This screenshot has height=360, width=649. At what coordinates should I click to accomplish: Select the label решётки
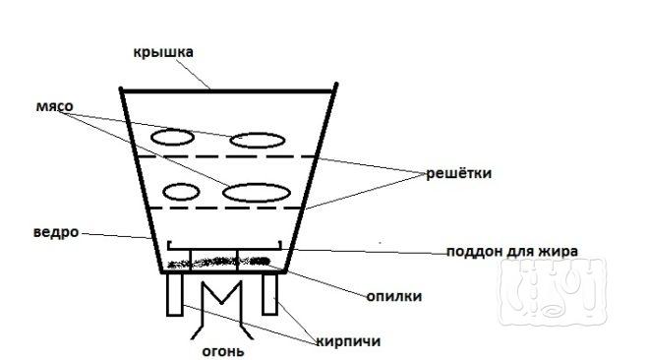tap(458, 173)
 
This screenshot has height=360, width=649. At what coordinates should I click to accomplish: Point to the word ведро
tap(56, 233)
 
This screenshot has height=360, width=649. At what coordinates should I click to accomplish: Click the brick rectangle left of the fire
tap(175, 294)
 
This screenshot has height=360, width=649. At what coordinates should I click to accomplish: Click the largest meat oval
tap(257, 193)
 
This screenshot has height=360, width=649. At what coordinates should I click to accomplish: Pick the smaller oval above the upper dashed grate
tap(171, 137)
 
